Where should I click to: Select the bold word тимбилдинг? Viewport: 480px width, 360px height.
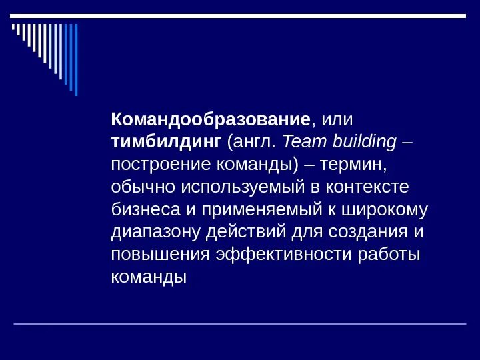(x=166, y=142)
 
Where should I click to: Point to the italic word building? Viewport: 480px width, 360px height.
(x=363, y=142)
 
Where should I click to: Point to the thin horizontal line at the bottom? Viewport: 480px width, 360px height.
(x=240, y=324)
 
